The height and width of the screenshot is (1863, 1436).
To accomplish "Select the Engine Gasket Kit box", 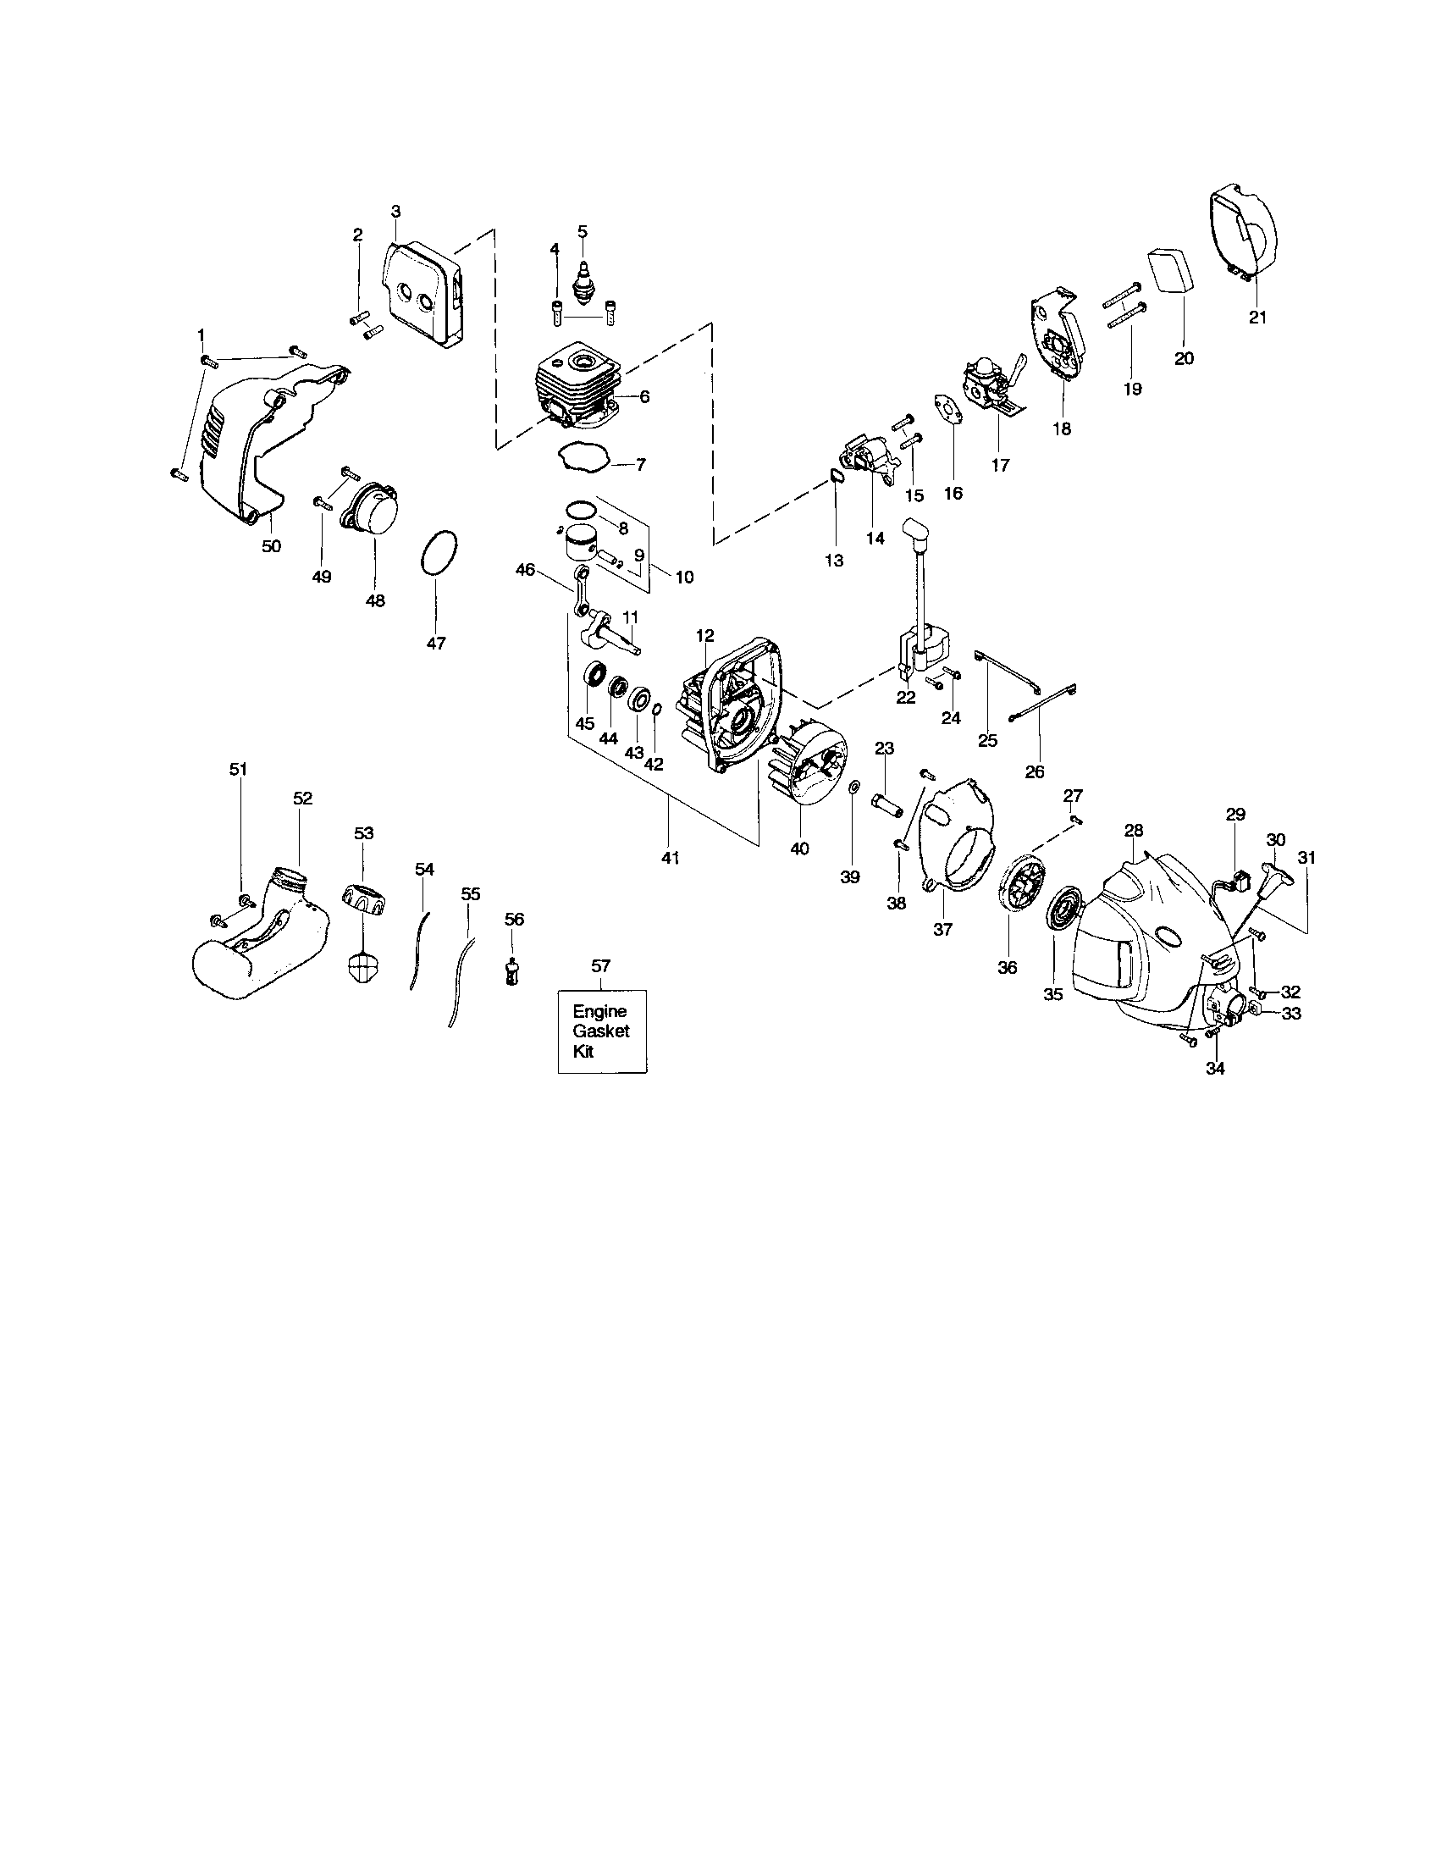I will point(601,1031).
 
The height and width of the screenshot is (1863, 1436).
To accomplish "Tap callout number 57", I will point(600,965).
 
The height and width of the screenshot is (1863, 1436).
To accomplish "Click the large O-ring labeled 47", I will point(439,555).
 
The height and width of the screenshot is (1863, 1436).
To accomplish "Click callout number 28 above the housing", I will point(1133,829).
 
